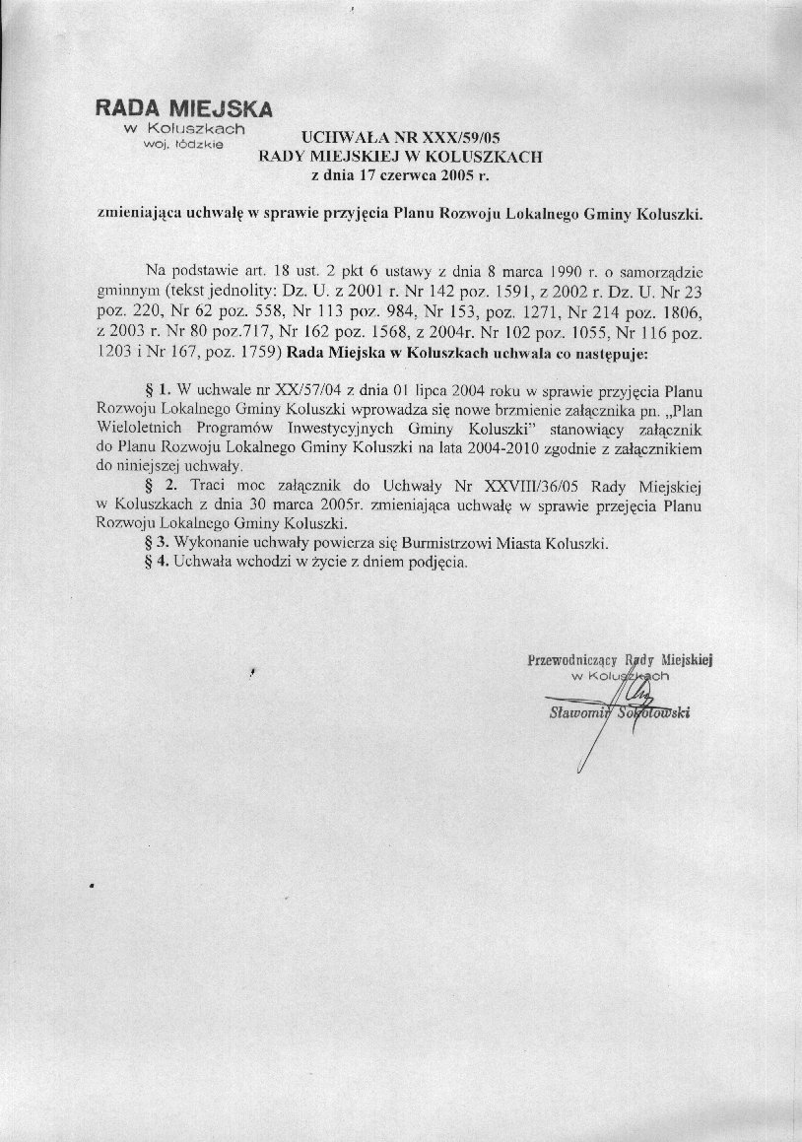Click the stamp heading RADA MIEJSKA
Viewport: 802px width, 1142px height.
click(x=183, y=108)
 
